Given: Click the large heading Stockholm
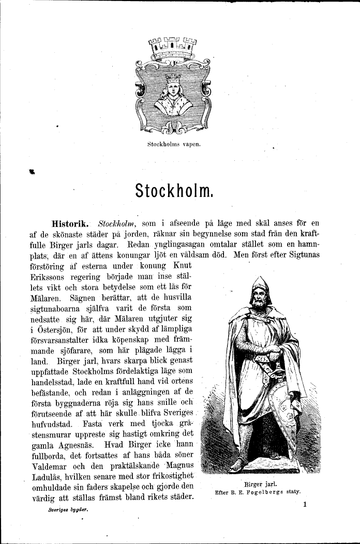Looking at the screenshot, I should tap(173, 190).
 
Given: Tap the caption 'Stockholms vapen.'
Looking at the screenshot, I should tap(173, 144).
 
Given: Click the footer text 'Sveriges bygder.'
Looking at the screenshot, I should tap(68, 509).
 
